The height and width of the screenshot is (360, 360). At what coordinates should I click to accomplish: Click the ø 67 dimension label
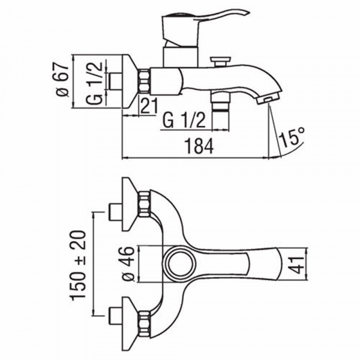[x=62, y=79]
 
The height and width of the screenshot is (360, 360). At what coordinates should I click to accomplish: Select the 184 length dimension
[x=199, y=146]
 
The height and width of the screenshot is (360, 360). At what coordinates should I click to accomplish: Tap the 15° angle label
[x=292, y=137]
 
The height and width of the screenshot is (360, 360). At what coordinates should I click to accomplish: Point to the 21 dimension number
[x=149, y=106]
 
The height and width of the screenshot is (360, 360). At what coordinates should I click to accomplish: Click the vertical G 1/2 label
[x=94, y=83]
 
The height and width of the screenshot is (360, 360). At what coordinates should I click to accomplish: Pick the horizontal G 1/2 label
[x=184, y=121]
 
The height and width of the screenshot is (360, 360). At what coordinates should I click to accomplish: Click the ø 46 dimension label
[x=128, y=264]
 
